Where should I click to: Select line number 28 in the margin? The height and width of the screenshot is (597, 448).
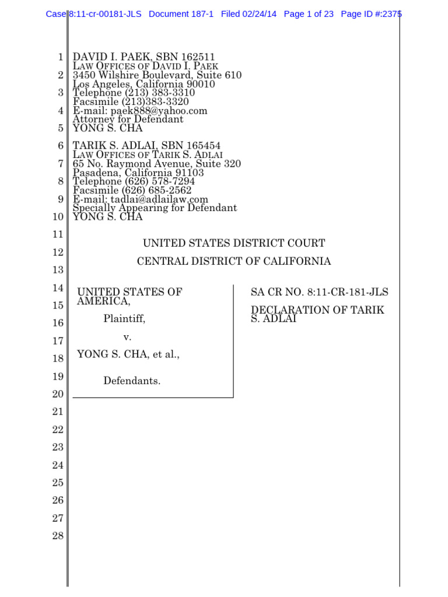[x=57, y=536]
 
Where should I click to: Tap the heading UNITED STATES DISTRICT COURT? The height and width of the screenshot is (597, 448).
[x=234, y=243]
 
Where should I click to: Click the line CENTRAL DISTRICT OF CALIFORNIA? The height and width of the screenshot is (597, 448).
[x=234, y=261]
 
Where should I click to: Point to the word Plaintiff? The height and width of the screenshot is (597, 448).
[x=124, y=318]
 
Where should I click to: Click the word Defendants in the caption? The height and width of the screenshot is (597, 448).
[x=132, y=381]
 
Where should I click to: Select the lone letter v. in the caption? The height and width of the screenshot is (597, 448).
[x=127, y=337]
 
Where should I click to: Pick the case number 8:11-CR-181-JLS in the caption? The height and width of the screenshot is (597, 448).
[x=344, y=292]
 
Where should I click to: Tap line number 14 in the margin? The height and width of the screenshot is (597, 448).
[x=57, y=288]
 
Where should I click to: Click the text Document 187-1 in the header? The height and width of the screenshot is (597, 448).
[x=181, y=14]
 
